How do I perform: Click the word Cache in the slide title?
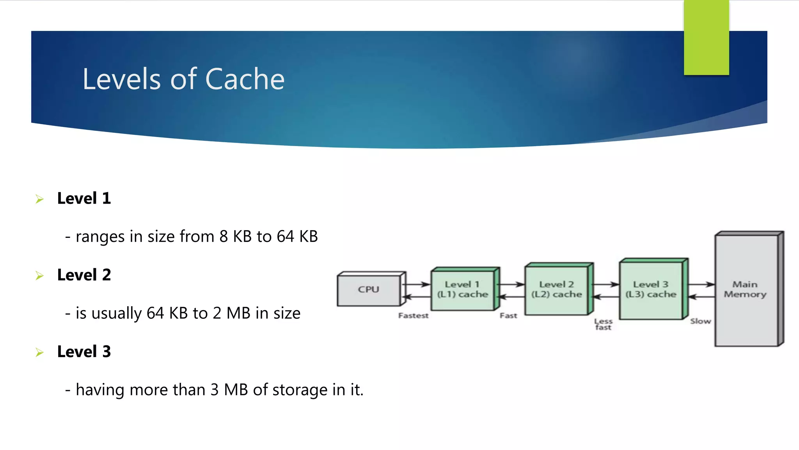(245, 79)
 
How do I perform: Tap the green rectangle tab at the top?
(706, 37)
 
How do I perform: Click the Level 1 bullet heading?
(84, 198)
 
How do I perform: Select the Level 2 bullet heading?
(84, 275)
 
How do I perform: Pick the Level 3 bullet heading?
(84, 352)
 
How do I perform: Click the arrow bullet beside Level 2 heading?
(39, 276)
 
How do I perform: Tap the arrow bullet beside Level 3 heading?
(39, 352)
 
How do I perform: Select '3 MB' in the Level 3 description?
(229, 390)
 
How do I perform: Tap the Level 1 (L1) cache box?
(463, 289)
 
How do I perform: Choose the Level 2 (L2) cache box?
(557, 289)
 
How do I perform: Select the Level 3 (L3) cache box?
(651, 289)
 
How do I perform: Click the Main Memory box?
(746, 289)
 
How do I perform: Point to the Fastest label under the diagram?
(413, 316)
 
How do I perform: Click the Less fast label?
(603, 324)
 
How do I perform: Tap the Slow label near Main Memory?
(700, 321)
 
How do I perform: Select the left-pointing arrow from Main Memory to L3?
(701, 297)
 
